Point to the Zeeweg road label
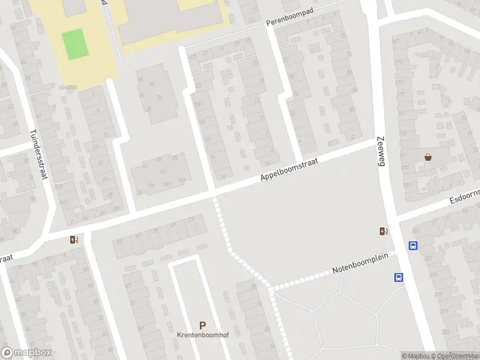381,149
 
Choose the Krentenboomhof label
202,335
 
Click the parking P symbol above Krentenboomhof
202,325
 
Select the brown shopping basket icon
428,158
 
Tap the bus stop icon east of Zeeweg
413,245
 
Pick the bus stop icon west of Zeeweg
398,277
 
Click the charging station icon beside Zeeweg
383,232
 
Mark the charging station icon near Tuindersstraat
74,240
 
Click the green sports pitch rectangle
74,44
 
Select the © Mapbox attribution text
415,356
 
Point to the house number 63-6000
68,88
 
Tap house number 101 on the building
151,185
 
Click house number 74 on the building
223,176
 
